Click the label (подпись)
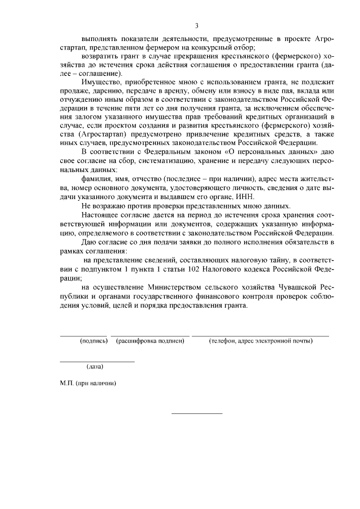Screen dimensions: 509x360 tap(94, 341)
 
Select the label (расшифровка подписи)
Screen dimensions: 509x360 tap(150, 341)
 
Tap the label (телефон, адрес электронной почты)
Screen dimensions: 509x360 tap(260, 341)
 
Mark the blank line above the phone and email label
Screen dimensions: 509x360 tap(260, 336)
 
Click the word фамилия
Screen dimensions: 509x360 tap(96, 178)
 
